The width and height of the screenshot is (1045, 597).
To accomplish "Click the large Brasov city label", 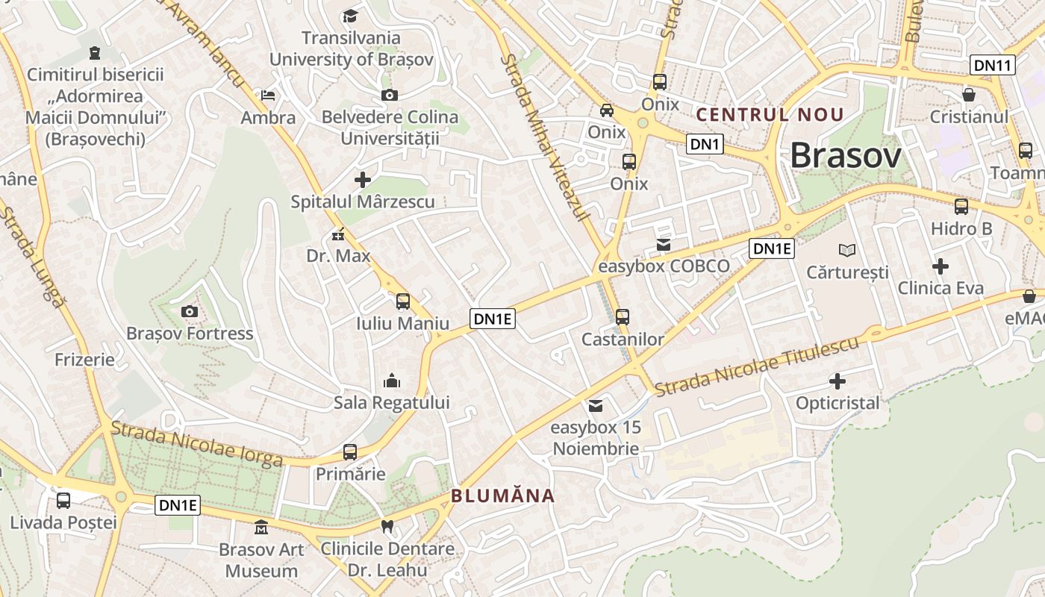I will click(845, 156).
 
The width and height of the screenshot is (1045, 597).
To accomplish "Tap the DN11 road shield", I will click(993, 65).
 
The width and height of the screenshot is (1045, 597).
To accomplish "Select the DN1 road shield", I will click(705, 144).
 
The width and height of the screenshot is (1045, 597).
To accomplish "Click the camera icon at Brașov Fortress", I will click(190, 311).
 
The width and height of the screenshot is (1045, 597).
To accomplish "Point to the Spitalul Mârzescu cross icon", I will click(363, 180).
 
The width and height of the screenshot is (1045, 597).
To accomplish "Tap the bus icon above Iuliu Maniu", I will click(403, 301).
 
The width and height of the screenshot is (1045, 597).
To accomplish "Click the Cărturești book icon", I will click(846, 250).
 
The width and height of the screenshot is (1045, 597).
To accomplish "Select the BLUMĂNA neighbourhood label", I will click(503, 496).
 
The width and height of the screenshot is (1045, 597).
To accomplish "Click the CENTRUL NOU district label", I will click(770, 115).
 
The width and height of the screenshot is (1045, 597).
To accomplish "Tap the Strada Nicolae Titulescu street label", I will click(757, 366).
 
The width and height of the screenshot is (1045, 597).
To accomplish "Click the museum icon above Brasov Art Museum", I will click(261, 528).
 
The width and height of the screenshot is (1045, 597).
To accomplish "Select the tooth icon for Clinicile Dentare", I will click(387, 526).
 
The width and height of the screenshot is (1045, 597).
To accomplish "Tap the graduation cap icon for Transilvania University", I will click(349, 16).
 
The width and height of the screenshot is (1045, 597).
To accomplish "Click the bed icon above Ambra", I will click(268, 96).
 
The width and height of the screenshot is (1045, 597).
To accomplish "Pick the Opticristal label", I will click(837, 403).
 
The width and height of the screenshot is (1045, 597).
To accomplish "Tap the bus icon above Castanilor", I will click(623, 316).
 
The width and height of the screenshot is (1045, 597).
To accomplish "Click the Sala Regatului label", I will click(392, 403).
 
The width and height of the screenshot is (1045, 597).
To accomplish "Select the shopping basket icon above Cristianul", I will click(969, 95).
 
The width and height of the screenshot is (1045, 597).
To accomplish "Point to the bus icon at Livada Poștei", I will click(63, 500).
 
